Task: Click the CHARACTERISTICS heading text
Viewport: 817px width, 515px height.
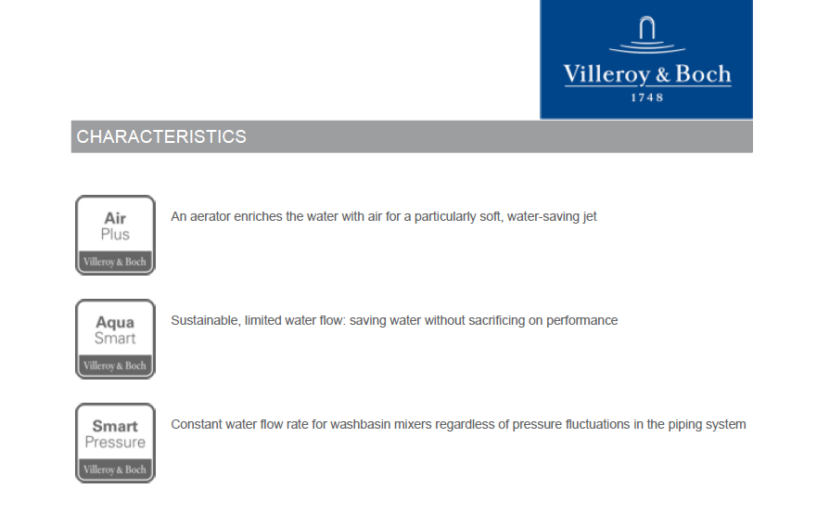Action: point(161,136)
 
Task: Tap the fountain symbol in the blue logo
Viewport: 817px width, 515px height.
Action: point(647,35)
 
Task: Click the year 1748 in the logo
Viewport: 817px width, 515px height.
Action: point(647,97)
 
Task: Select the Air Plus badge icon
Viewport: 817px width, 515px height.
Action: point(115,235)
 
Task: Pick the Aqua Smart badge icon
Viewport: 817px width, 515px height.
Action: point(115,339)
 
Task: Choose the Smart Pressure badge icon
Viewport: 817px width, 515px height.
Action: point(115,443)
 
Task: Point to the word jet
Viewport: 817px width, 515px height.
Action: point(591,217)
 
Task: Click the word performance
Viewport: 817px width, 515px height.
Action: point(582,320)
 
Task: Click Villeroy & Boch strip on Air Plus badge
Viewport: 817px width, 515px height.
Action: point(115,262)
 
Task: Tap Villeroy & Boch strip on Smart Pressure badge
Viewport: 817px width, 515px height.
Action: point(115,470)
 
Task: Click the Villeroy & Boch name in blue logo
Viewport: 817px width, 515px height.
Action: point(647,74)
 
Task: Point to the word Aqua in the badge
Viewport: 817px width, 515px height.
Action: point(115,323)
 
